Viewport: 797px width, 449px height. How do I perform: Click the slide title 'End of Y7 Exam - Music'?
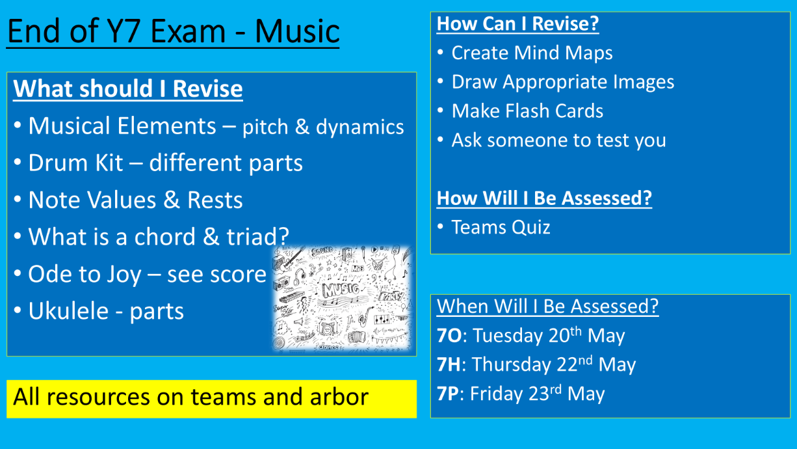(x=173, y=31)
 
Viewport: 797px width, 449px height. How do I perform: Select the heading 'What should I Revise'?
(x=128, y=88)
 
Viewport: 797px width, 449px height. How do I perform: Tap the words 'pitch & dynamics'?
(x=323, y=127)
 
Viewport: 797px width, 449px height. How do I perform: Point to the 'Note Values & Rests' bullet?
(x=135, y=200)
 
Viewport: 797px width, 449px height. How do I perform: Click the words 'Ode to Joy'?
(x=85, y=274)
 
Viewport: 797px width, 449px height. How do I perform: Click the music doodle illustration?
(x=343, y=298)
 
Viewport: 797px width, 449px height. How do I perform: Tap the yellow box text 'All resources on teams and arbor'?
(x=191, y=396)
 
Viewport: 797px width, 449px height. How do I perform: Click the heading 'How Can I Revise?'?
(x=517, y=23)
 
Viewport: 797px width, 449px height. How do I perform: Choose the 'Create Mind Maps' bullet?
(x=532, y=53)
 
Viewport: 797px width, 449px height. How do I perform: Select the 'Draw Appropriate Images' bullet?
(x=562, y=82)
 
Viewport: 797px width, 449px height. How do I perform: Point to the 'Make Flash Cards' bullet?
(x=527, y=111)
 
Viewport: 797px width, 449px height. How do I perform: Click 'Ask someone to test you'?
(x=558, y=141)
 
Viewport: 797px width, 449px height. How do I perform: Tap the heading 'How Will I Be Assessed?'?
(x=544, y=198)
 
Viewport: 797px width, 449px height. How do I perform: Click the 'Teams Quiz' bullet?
(x=501, y=227)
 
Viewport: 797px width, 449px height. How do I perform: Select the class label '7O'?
(x=449, y=336)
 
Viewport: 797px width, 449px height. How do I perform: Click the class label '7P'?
(x=448, y=394)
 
